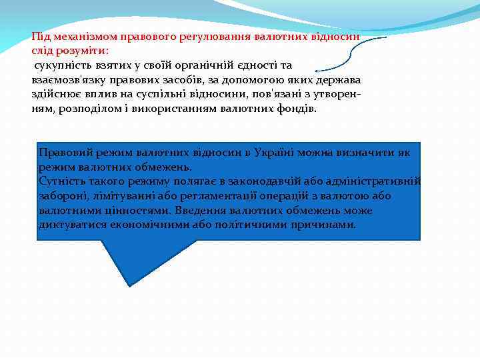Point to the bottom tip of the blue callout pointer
(130, 285)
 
